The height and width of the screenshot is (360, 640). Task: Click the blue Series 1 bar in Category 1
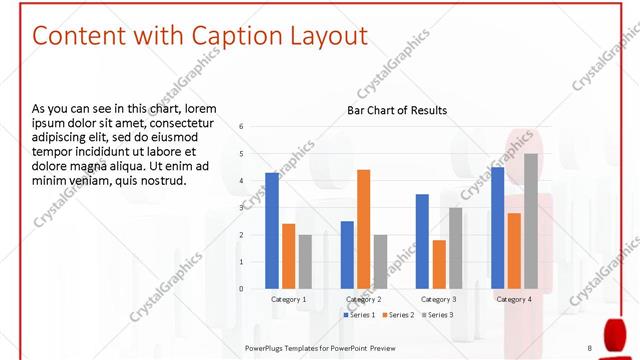(272, 231)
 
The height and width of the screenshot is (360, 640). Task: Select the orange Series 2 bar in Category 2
(363, 229)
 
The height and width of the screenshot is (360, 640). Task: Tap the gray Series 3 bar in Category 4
(530, 221)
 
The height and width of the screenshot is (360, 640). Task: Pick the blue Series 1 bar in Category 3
(422, 241)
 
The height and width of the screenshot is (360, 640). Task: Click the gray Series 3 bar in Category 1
(305, 262)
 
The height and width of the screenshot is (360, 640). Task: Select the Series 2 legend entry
(399, 315)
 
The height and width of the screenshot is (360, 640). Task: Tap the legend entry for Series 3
(438, 315)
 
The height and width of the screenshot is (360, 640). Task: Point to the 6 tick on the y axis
(241, 126)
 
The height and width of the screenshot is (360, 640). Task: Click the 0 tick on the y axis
(241, 289)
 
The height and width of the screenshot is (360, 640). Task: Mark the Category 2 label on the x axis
(363, 299)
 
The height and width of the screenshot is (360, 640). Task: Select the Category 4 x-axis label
(514, 299)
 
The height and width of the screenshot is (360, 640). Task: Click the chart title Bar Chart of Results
(397, 110)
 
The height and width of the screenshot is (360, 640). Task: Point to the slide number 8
(589, 347)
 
